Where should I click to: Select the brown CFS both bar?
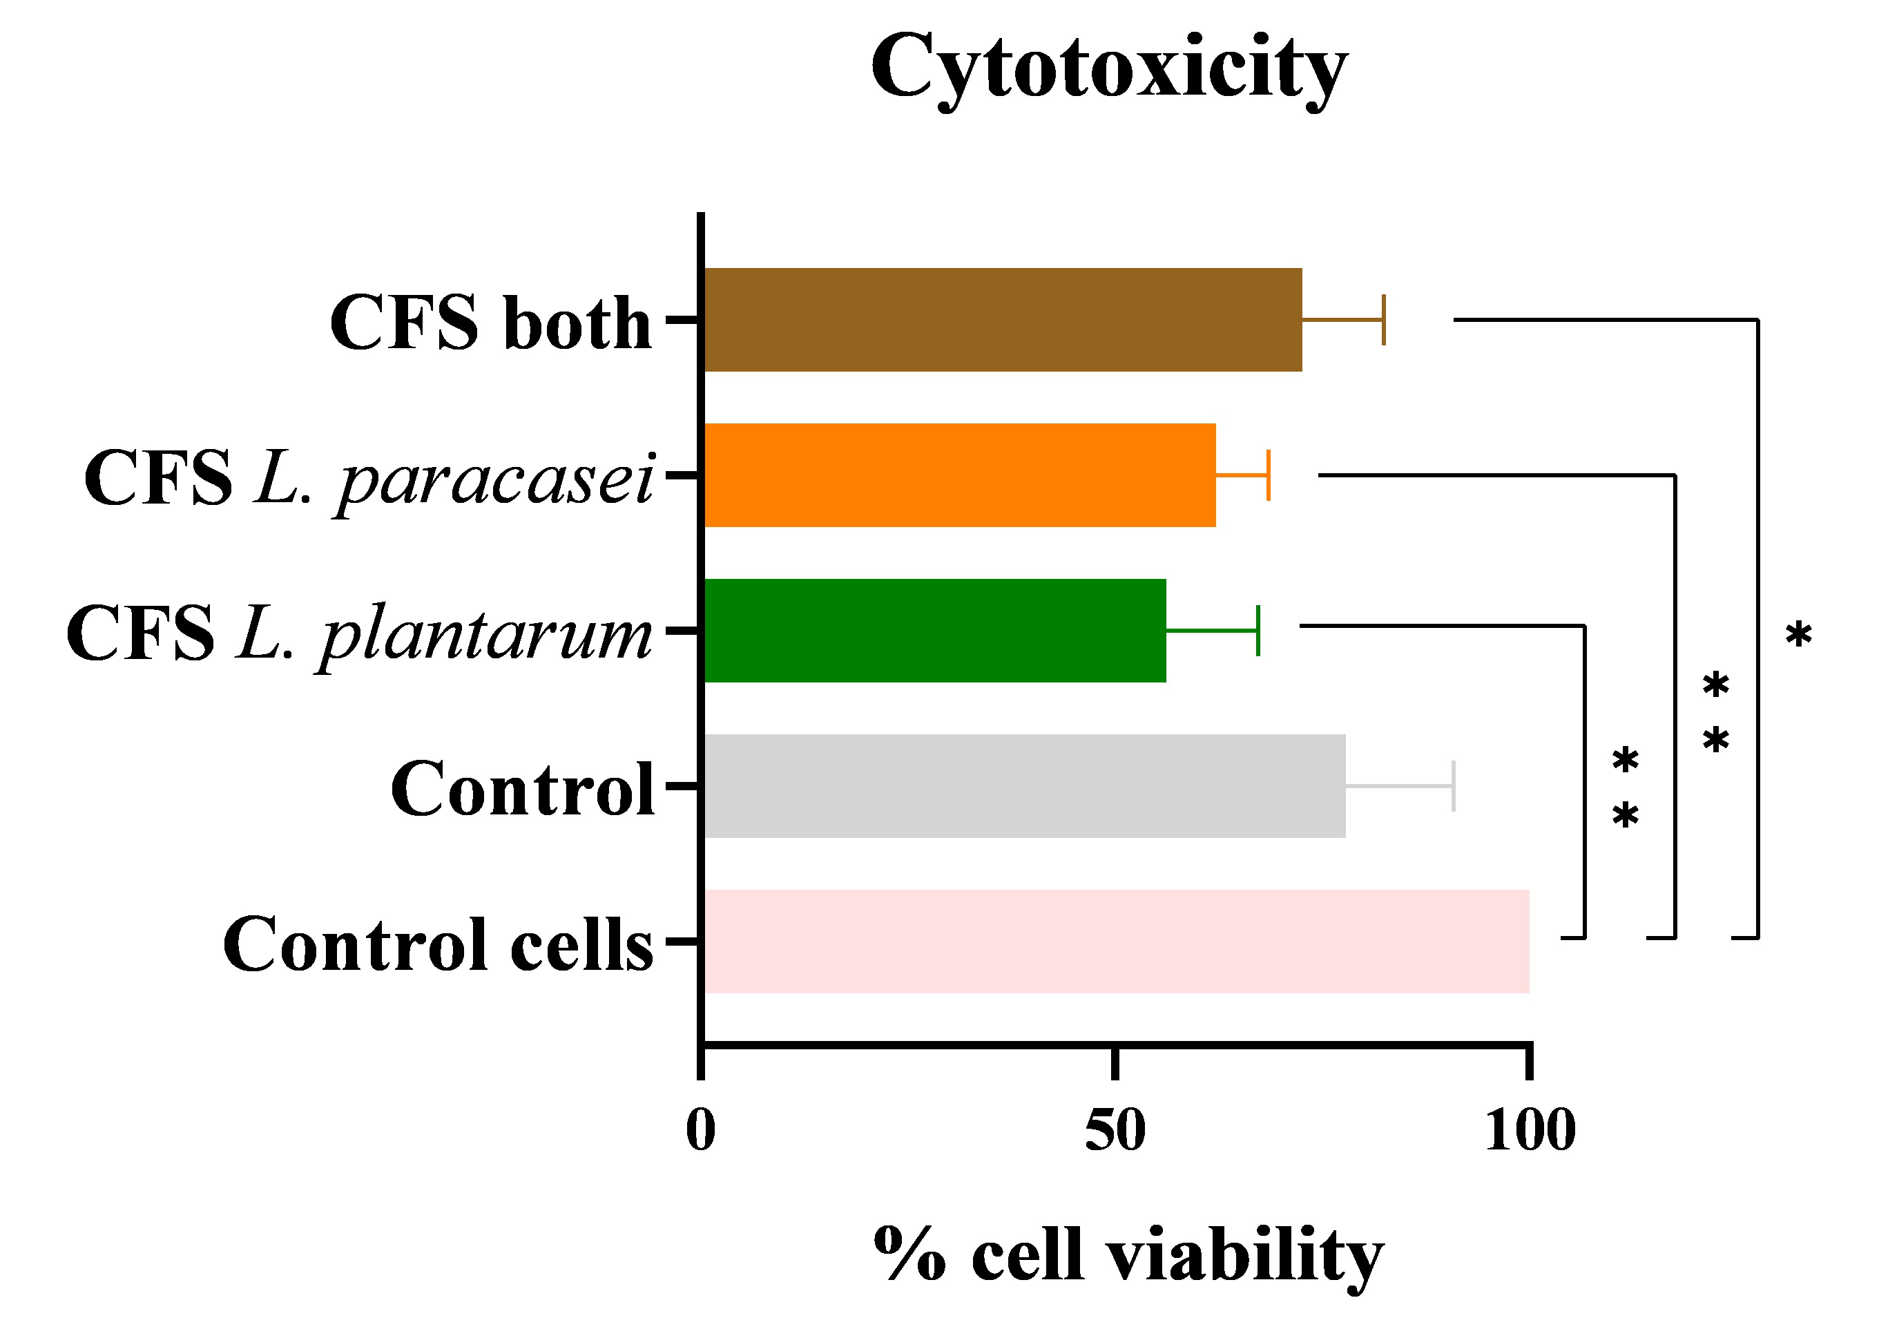pyautogui.click(x=1003, y=319)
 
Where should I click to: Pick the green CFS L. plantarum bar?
pyautogui.click(x=934, y=631)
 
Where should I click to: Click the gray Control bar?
pyautogui.click(x=1025, y=786)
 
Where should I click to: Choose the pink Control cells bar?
pyautogui.click(x=1116, y=942)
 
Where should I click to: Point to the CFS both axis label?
pyautogui.click(x=490, y=323)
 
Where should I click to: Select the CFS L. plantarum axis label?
pyautogui.click(x=359, y=633)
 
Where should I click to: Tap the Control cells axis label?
pyautogui.click(x=438, y=945)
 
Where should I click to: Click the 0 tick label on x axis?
pyautogui.click(x=700, y=1131)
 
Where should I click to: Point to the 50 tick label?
pyautogui.click(x=1115, y=1131)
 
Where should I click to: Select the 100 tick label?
pyautogui.click(x=1530, y=1131)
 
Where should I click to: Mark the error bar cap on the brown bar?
pyautogui.click(x=1383, y=319)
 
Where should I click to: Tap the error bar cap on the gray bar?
pyautogui.click(x=1453, y=786)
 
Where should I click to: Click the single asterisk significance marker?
pyautogui.click(x=1798, y=633)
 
